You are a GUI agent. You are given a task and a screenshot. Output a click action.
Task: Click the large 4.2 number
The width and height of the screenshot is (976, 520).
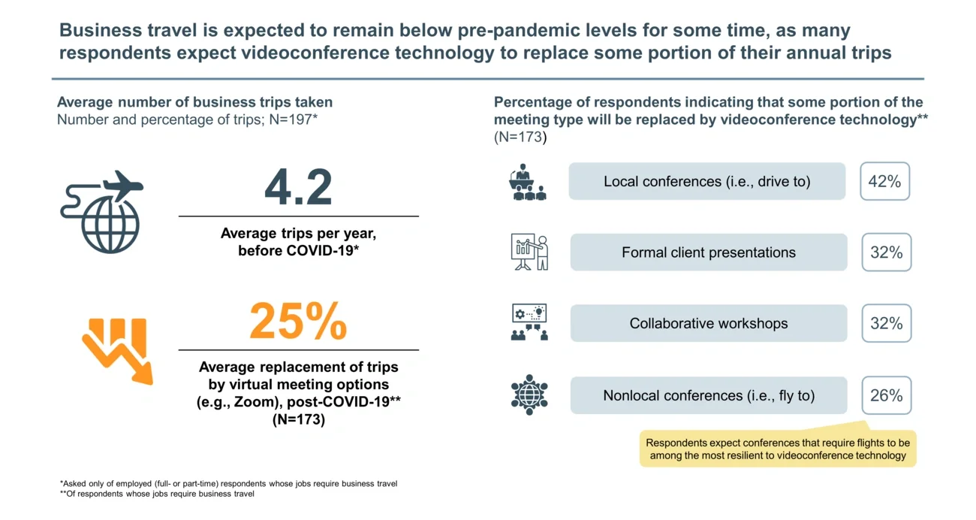coord(298,187)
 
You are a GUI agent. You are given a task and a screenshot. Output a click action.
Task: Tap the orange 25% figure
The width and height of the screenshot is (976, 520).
coord(298,322)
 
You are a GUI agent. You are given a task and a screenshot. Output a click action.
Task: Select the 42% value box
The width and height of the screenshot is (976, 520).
coord(884,182)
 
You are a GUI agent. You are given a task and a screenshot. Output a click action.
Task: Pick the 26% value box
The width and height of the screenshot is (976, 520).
coord(886,395)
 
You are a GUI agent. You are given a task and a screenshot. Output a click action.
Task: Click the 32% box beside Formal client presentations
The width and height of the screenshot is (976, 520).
coord(886,252)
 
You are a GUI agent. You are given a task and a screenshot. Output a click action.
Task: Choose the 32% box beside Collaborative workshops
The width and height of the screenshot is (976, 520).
coord(886,323)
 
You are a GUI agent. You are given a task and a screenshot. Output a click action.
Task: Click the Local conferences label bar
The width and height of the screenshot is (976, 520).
coord(706,182)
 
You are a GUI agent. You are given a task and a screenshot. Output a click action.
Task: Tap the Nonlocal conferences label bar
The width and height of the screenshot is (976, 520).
coord(708,395)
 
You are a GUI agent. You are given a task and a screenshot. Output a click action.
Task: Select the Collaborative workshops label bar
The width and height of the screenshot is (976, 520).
coord(708,323)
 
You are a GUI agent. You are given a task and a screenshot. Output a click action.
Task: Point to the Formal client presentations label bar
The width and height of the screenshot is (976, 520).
coord(708,252)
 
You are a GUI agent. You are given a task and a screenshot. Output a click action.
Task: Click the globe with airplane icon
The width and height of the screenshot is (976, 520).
coord(101,213)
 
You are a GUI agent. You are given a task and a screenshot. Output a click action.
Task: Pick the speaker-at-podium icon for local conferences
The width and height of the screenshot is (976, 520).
coord(529,183)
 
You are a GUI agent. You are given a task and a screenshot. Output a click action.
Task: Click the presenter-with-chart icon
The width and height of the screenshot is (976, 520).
coord(529,252)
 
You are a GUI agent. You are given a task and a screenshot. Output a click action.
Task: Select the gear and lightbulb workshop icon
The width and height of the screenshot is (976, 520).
coord(529,323)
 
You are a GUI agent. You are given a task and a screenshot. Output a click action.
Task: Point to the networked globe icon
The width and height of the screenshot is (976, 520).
coord(529,395)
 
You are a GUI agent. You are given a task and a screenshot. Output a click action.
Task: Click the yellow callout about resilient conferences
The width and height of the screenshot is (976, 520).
coord(777,449)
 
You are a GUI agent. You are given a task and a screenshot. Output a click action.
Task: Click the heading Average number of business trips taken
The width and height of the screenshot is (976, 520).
coord(194,102)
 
